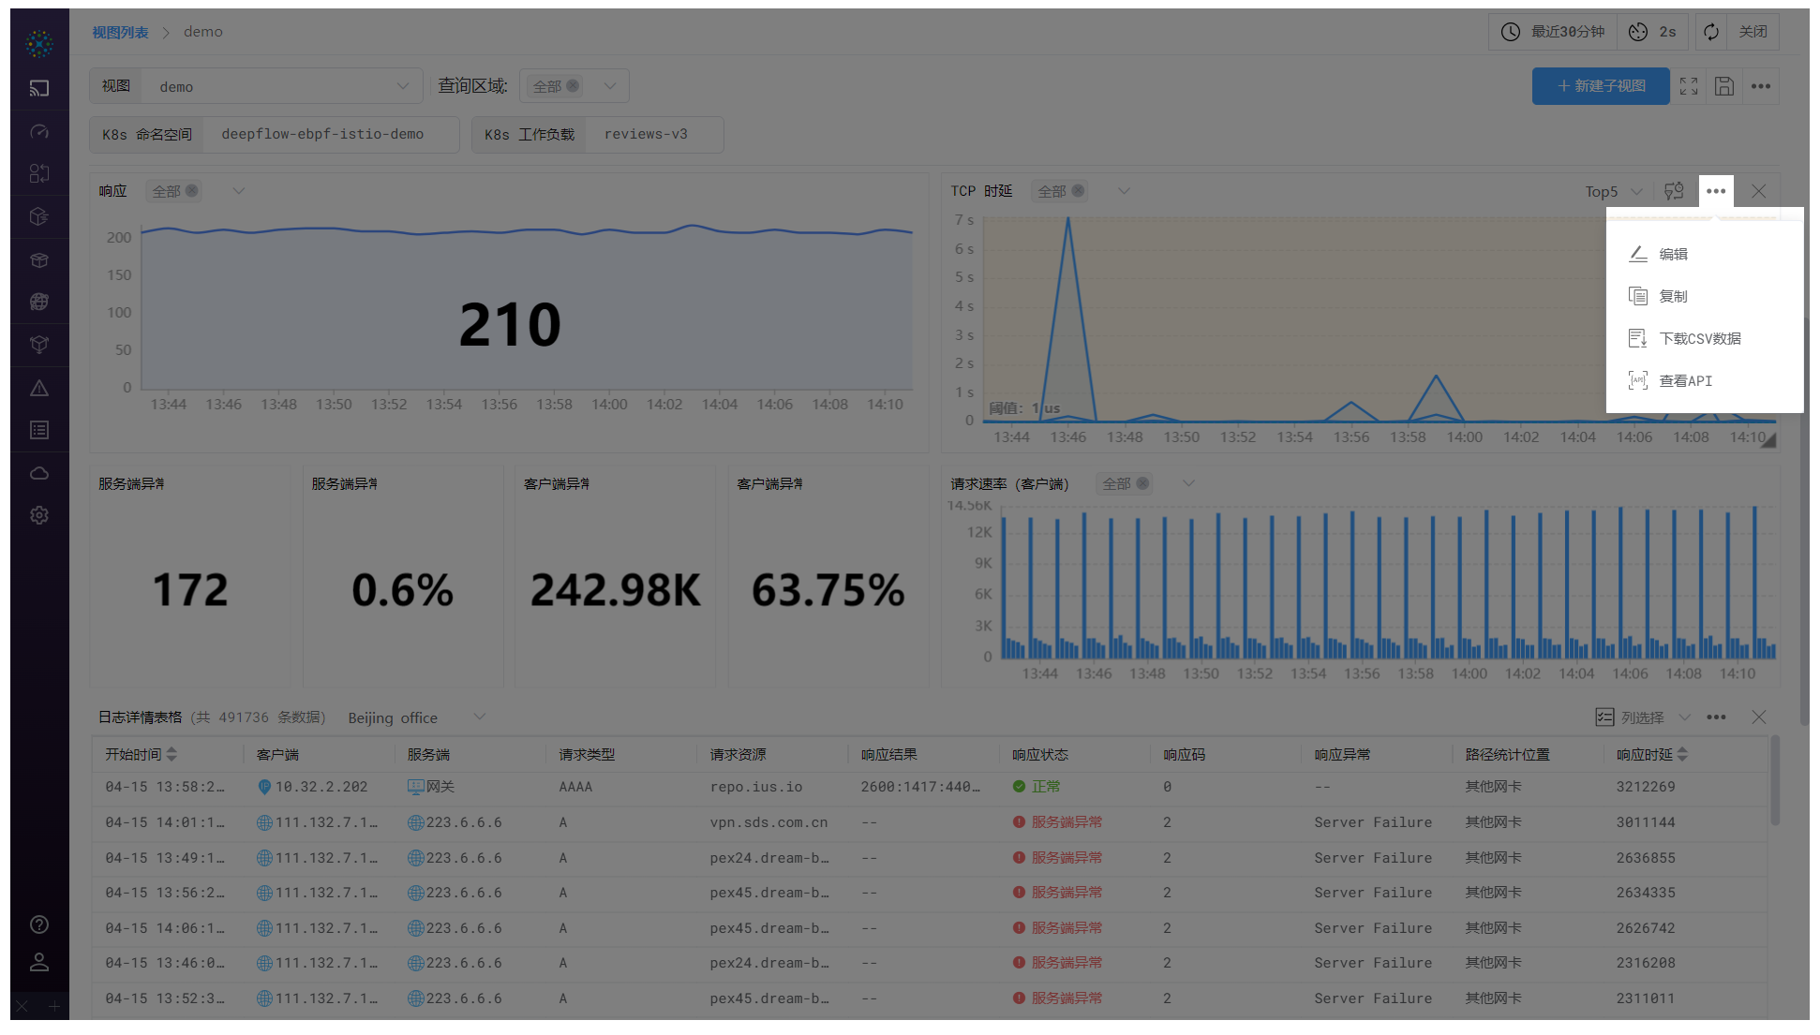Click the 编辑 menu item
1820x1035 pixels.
click(1673, 254)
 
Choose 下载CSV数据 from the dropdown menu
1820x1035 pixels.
click(1699, 338)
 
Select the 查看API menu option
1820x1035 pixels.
click(1685, 380)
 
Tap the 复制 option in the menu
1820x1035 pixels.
click(1673, 296)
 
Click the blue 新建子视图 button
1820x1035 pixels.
click(1600, 86)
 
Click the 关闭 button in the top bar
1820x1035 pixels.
click(1752, 32)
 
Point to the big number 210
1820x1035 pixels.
click(510, 325)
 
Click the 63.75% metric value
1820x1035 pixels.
click(828, 590)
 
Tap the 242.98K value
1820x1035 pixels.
click(615, 590)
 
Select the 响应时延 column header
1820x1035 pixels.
click(1644, 755)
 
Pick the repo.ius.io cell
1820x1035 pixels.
click(755, 787)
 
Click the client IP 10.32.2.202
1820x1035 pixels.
click(321, 787)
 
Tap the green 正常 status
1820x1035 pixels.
click(1045, 787)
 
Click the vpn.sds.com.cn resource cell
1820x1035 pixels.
click(768, 822)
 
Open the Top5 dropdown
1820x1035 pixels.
click(1613, 191)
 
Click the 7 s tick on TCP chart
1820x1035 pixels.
click(963, 220)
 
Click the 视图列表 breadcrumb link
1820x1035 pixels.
click(120, 32)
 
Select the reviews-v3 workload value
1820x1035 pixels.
click(646, 134)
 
